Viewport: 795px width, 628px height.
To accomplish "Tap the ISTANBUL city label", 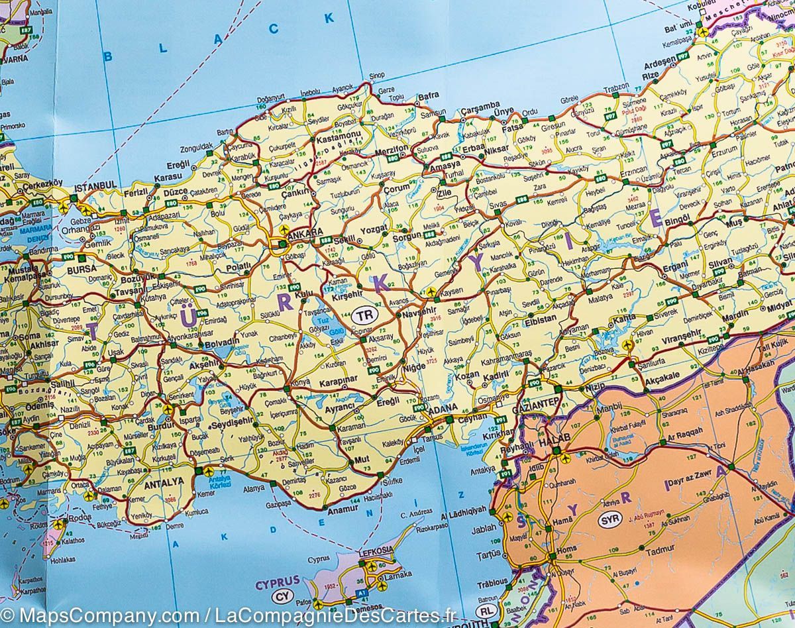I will pos(96,186).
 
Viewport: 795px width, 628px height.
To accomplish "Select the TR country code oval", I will pos(363,315).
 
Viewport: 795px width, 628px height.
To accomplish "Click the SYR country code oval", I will pos(610,519).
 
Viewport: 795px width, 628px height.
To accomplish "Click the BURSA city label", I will pos(81,270).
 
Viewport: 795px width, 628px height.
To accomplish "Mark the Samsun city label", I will pos(434,113).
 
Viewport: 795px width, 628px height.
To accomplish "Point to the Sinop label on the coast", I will pos(377,75).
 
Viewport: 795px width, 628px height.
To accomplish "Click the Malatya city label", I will pos(600,299).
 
